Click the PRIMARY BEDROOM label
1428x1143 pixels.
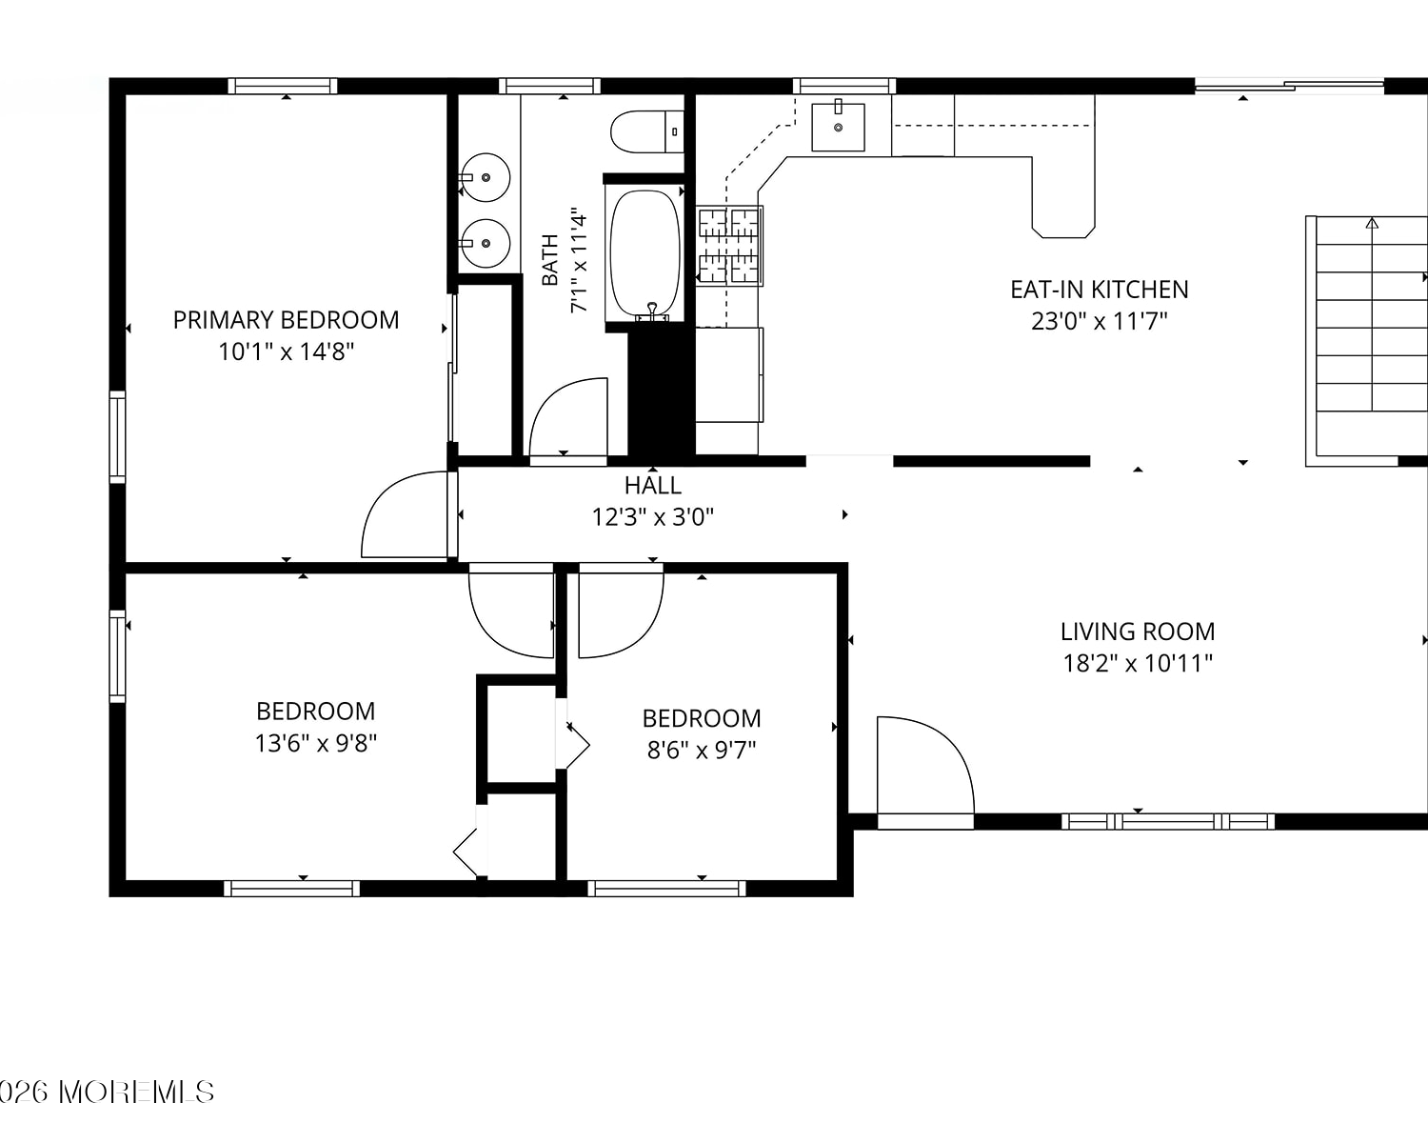click(286, 320)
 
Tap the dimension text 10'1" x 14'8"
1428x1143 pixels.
click(286, 351)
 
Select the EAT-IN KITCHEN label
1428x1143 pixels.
click(1099, 290)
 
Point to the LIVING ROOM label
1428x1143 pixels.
click(1138, 632)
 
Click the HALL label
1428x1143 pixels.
click(653, 486)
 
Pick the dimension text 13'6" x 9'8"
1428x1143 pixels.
click(316, 743)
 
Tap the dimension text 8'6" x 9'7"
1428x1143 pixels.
click(702, 750)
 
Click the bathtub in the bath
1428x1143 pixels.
click(645, 253)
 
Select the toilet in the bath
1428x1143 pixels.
click(646, 131)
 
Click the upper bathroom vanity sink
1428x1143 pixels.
click(486, 177)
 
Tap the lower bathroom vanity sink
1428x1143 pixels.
click(486, 243)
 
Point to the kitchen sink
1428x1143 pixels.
click(838, 127)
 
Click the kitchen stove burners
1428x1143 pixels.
click(728, 246)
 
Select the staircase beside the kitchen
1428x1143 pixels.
click(1366, 341)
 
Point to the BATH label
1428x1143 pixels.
click(550, 260)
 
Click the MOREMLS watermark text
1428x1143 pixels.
click(136, 1093)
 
